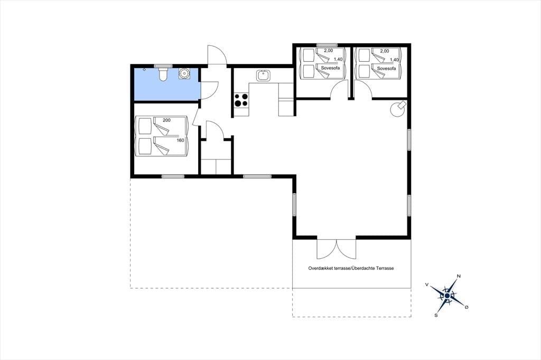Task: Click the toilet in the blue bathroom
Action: tap(163, 74)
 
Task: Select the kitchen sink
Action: tap(264, 75)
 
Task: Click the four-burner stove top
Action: tap(241, 100)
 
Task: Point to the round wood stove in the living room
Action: tap(397, 109)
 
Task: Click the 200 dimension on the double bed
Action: tap(166, 120)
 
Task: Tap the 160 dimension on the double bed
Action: tap(181, 140)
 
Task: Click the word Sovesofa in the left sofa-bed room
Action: tap(330, 68)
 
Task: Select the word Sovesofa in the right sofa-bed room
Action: tap(386, 69)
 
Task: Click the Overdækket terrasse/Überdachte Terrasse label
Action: tap(351, 268)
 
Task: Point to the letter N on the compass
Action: tap(459, 276)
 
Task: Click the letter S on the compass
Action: tap(436, 315)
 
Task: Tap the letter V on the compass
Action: tap(427, 285)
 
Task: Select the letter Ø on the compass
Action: tap(467, 307)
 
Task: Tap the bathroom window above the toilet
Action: tap(163, 65)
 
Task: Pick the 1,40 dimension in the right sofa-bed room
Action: tap(394, 60)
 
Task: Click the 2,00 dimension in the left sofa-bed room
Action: tap(328, 51)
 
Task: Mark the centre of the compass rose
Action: tap(447, 296)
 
